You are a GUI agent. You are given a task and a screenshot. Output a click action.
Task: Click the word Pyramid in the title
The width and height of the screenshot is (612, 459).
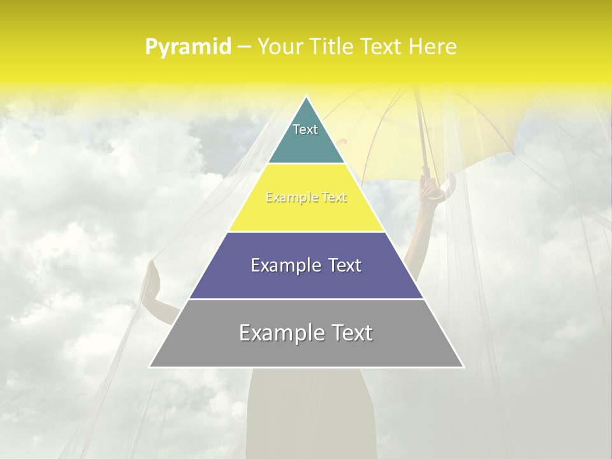click(x=188, y=47)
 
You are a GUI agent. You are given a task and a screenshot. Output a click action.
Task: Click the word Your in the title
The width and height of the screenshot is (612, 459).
click(x=279, y=47)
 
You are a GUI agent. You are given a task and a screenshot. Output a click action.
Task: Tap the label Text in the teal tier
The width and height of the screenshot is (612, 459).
click(x=305, y=129)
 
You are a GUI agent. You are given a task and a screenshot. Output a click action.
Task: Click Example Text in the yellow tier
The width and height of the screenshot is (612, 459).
click(x=306, y=198)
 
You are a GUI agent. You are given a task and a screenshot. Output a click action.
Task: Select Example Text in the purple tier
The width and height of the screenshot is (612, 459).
click(x=306, y=265)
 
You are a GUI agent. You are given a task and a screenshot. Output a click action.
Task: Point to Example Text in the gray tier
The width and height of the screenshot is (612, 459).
click(x=306, y=333)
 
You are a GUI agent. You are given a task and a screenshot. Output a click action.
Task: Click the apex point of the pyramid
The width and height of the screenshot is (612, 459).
click(x=306, y=98)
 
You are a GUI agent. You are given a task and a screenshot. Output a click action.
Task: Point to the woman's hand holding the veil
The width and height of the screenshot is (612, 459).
click(x=150, y=280)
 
